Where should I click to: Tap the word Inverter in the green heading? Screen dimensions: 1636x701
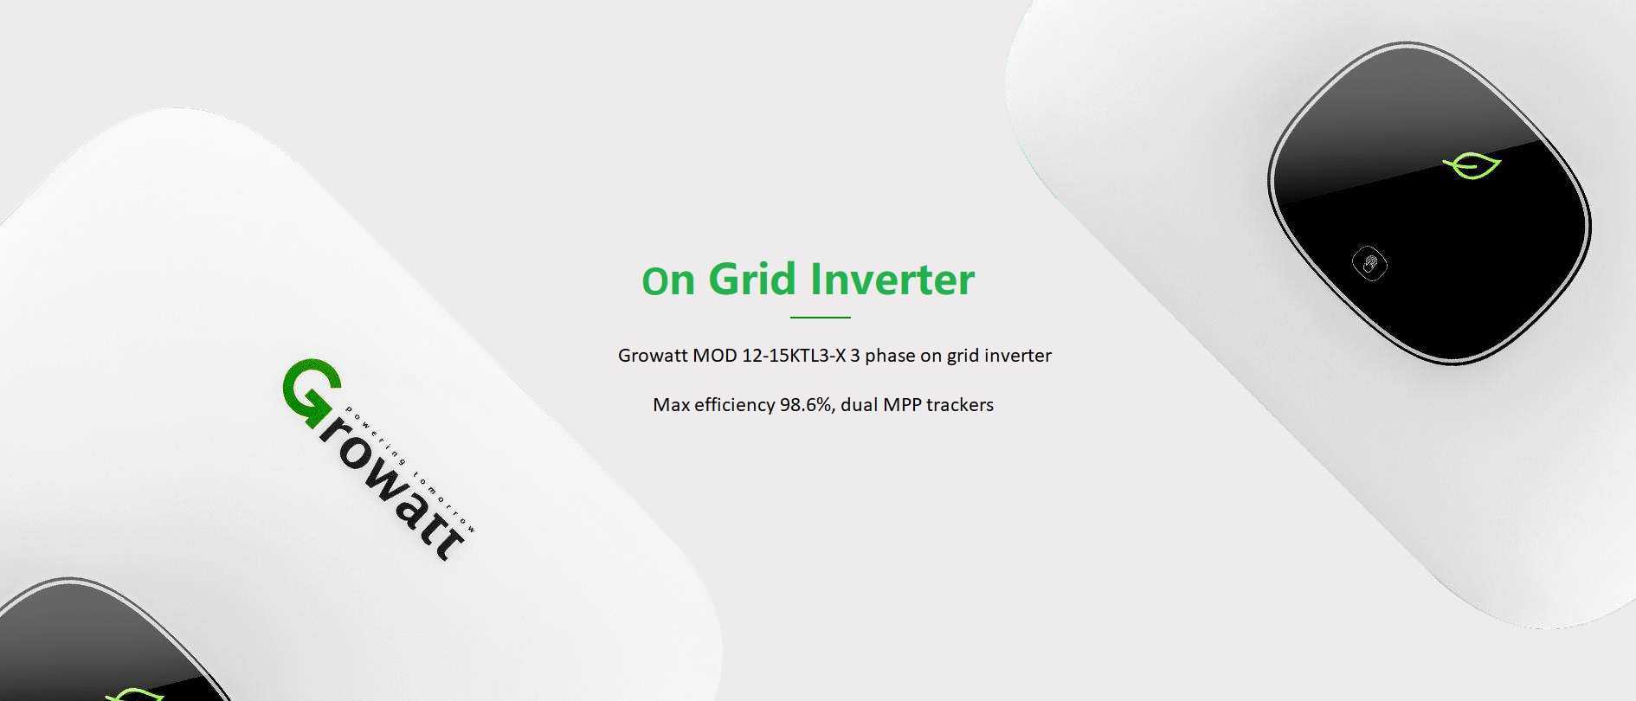[x=892, y=279]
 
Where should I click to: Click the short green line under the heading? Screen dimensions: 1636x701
[x=820, y=318]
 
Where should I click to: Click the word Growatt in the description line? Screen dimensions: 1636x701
[x=653, y=355]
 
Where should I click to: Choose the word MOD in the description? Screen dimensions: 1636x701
[x=714, y=355]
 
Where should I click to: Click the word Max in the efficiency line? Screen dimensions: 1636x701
[x=671, y=404]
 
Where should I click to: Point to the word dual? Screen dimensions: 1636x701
[x=859, y=404]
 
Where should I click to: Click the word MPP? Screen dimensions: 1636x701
[x=902, y=404]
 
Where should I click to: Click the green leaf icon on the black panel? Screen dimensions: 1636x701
[x=1472, y=165]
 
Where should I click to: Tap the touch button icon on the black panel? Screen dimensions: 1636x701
[x=1369, y=263]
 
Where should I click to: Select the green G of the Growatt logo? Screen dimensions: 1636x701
[x=312, y=393]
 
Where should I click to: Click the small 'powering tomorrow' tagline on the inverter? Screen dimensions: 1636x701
[x=410, y=468]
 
